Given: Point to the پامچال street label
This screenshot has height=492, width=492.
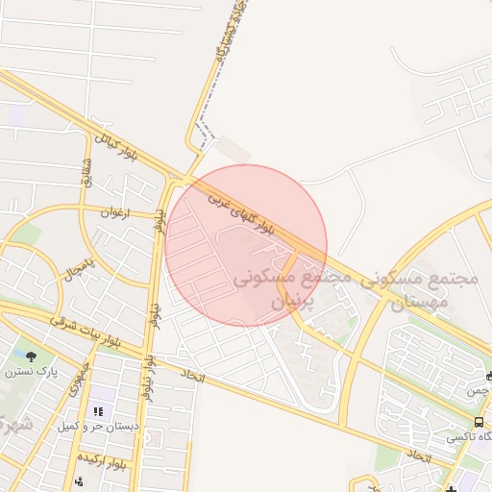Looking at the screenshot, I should pos(77,264).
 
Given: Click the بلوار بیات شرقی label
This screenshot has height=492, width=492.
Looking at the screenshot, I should pos(90,332).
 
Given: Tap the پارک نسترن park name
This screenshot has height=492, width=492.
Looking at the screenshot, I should pos(40,371).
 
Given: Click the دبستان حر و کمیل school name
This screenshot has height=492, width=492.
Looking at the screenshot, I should pos(97,425).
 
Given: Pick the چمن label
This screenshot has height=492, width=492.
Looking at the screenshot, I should pos(478,391).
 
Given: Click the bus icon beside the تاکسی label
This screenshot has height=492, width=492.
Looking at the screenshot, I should pos(479,422).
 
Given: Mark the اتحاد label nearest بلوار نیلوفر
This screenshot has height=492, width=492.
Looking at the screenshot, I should pos(192,378).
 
